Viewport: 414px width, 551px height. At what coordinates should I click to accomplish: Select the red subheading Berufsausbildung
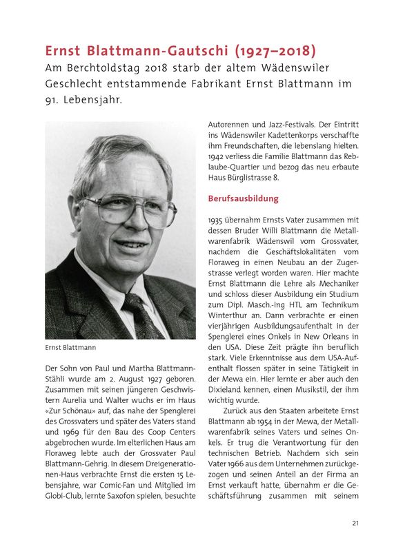point(244,198)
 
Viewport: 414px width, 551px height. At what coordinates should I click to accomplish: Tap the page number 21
point(355,523)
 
